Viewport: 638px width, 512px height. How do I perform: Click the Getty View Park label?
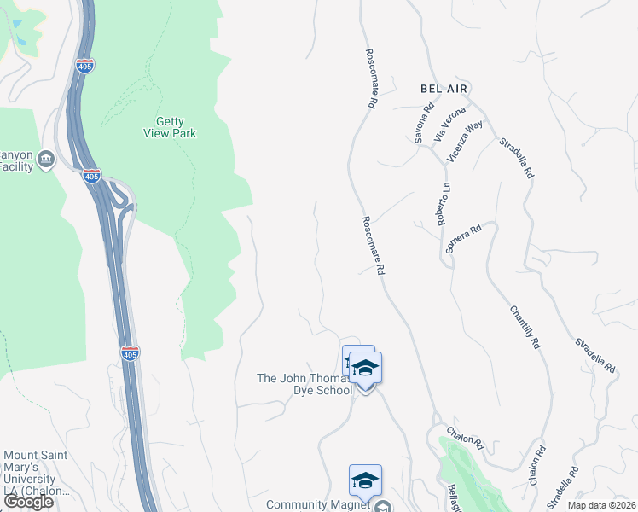(176, 128)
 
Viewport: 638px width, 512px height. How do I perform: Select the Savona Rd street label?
(424, 123)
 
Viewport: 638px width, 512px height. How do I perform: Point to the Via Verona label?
(450, 124)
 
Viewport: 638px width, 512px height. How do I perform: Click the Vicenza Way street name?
(465, 141)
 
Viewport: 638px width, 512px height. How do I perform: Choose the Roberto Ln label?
(444, 204)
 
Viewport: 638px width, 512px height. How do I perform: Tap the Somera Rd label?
(464, 239)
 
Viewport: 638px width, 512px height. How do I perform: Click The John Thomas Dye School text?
(304, 384)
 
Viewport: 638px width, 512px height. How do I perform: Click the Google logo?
(28, 502)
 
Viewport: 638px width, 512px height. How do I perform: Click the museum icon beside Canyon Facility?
(46, 158)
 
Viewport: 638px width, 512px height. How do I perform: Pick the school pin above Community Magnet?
(365, 480)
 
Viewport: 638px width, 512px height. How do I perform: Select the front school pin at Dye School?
(365, 369)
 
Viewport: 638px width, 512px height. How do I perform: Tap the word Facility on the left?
(16, 166)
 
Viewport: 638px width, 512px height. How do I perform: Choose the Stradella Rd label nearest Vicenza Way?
(516, 158)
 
